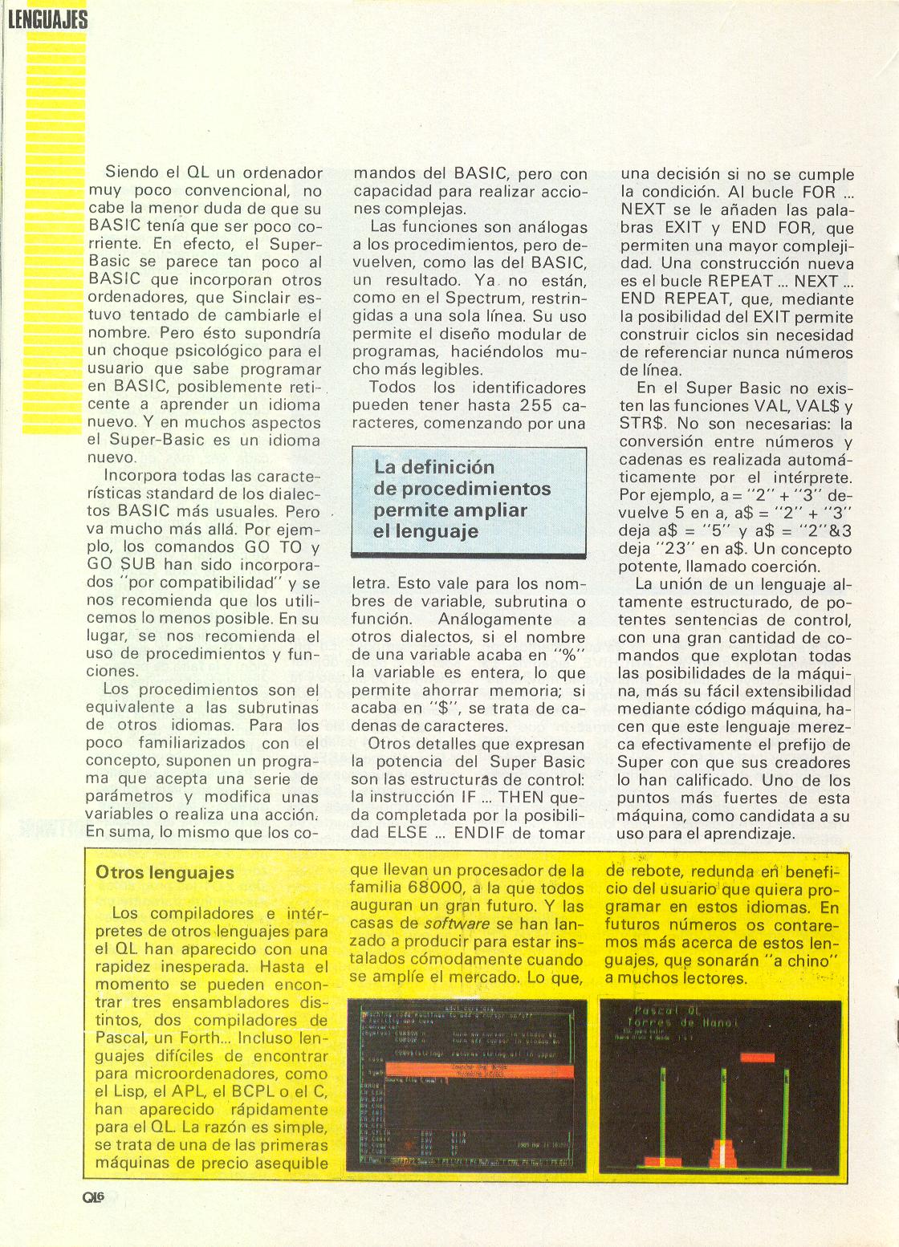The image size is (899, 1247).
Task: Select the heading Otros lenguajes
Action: (165, 872)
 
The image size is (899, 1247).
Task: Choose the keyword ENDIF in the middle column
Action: (484, 832)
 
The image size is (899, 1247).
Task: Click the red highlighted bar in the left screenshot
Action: (479, 1072)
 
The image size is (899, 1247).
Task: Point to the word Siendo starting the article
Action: (132, 173)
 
